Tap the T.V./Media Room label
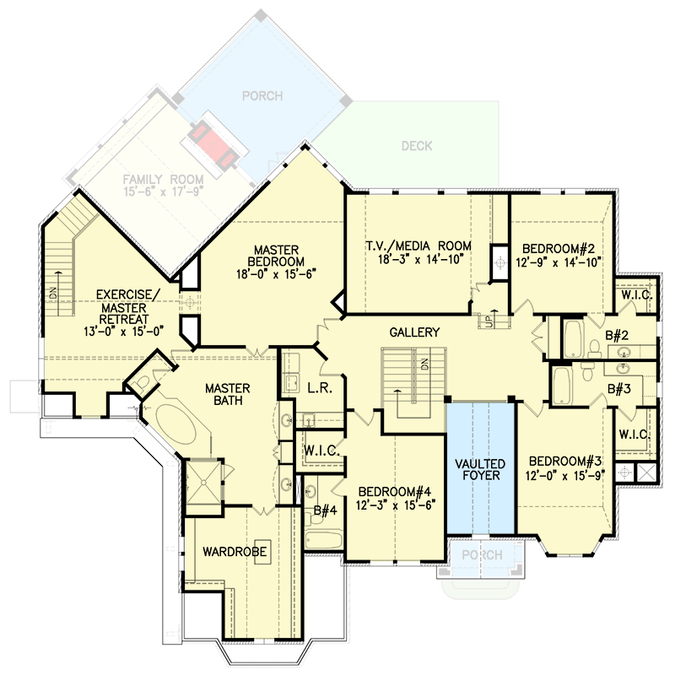[x=418, y=246]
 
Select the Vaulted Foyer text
[x=480, y=470]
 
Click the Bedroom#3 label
[x=564, y=462]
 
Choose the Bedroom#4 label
[x=395, y=491]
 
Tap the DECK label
[x=417, y=146]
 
